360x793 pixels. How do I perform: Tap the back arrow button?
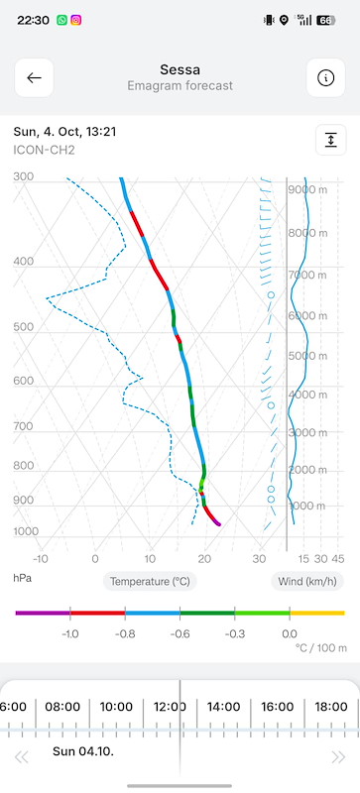(x=34, y=78)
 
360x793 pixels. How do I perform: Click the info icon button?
(x=326, y=78)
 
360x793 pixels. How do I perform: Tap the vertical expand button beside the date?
(x=331, y=140)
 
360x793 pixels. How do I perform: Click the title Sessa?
(x=180, y=69)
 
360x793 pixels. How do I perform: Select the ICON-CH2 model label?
(x=44, y=151)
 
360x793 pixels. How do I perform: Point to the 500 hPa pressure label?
(x=23, y=327)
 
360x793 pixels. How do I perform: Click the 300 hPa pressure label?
(x=23, y=176)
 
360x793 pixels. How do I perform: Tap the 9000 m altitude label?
(x=307, y=189)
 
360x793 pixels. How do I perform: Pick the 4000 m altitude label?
(x=307, y=395)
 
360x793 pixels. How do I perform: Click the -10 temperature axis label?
(x=41, y=559)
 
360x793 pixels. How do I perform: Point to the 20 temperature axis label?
(x=204, y=559)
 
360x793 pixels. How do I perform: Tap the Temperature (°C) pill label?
(x=150, y=582)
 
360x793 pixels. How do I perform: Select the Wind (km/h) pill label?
(x=307, y=582)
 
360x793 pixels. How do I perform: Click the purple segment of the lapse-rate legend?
(x=43, y=613)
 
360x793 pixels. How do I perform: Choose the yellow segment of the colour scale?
(x=317, y=613)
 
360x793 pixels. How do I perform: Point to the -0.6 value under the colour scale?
(x=180, y=634)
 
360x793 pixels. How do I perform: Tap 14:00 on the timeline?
(x=223, y=707)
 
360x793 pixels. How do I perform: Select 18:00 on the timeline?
(x=331, y=707)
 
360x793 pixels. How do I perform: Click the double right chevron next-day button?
(x=338, y=757)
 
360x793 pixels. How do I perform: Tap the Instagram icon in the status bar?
(x=76, y=20)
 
